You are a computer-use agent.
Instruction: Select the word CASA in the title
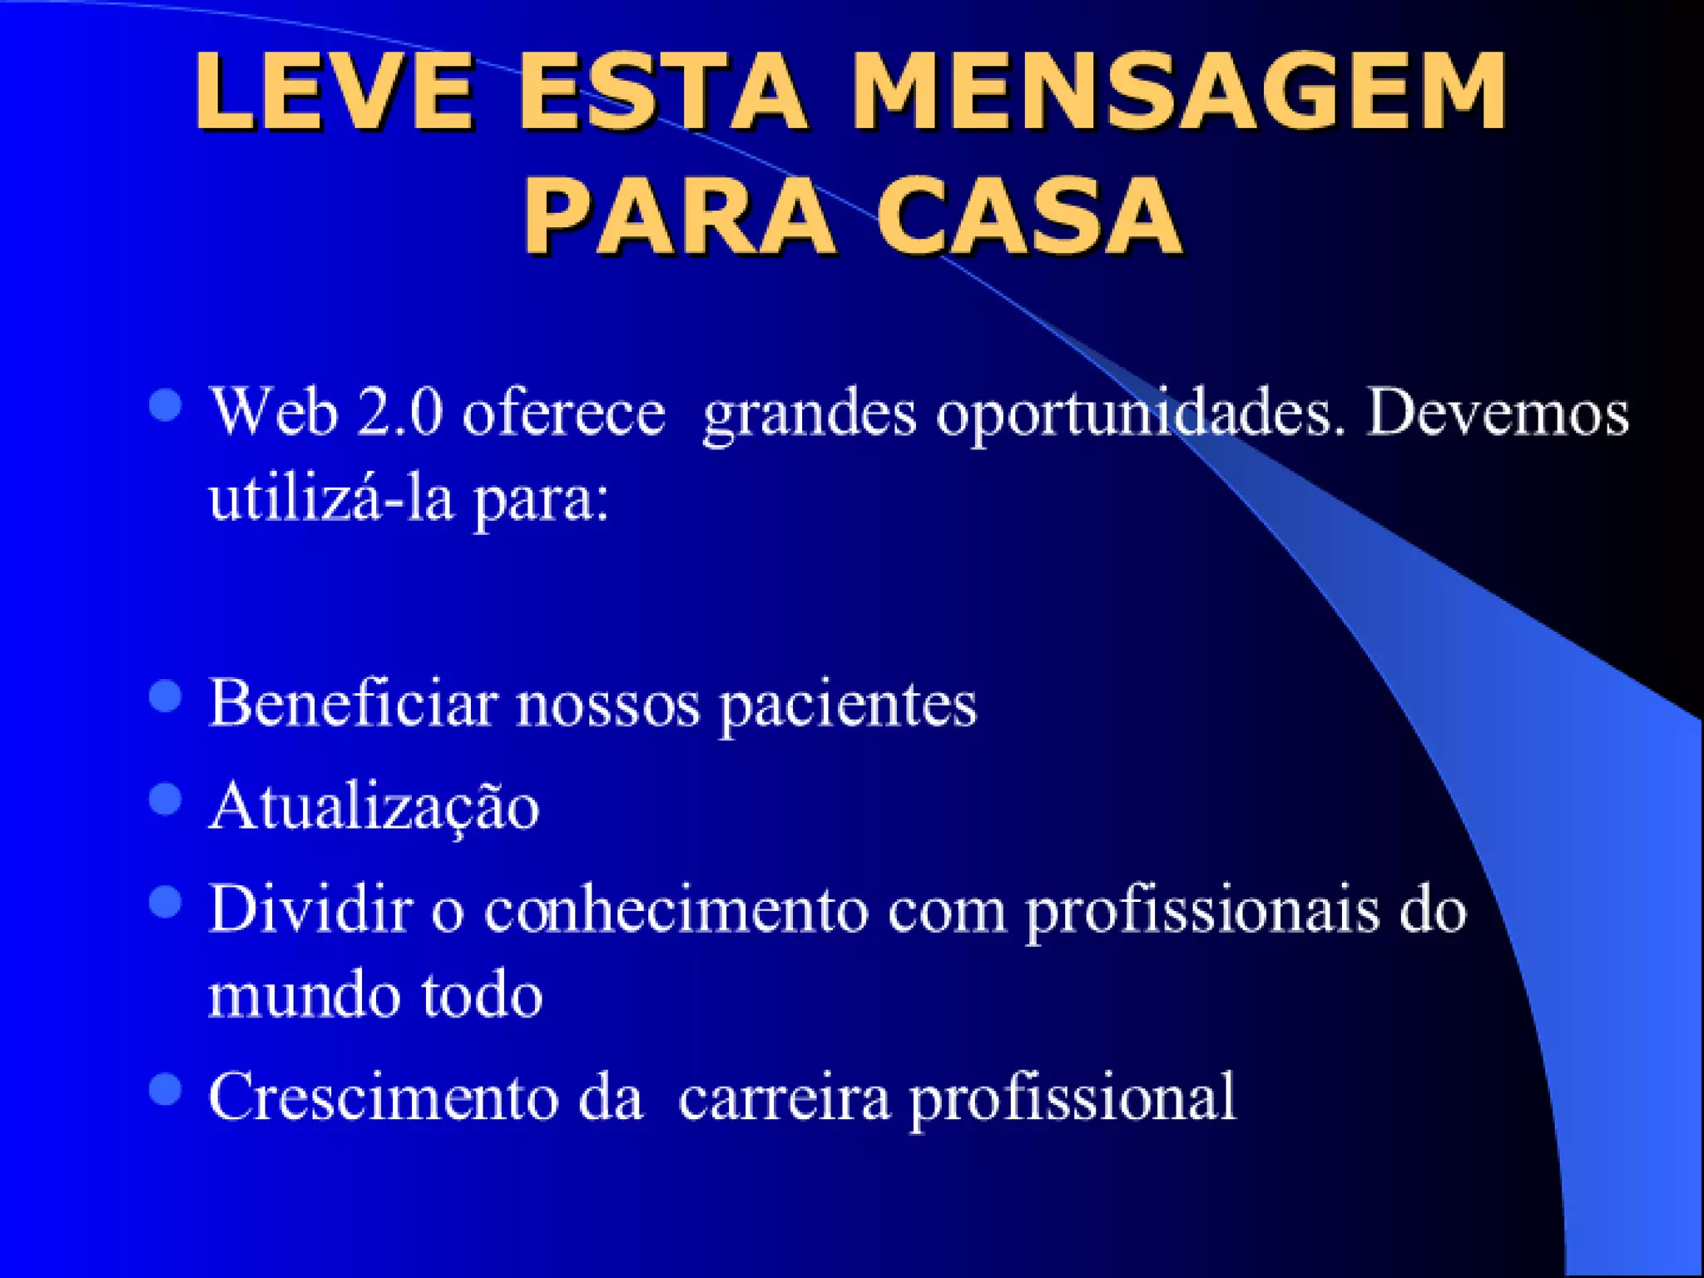(1029, 216)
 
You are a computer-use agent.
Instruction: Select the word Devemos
(1498, 413)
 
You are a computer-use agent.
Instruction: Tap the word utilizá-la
(331, 499)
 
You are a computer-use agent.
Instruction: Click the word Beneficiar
(353, 704)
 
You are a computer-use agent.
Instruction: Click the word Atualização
(374, 807)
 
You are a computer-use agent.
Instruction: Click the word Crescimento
(384, 1097)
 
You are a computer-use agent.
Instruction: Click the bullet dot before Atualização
(166, 800)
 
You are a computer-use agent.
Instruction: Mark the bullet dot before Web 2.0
(166, 406)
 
